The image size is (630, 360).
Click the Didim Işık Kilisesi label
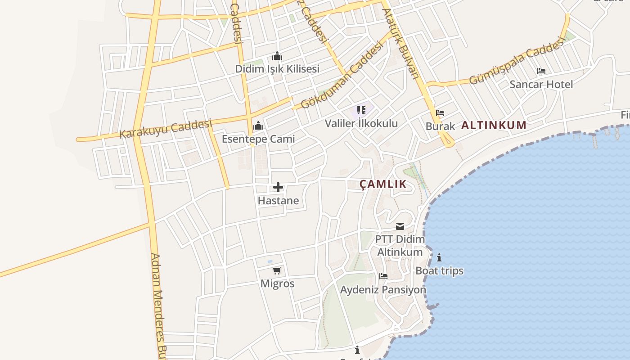pyautogui.click(x=277, y=69)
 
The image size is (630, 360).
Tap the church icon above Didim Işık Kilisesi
pyautogui.click(x=277, y=56)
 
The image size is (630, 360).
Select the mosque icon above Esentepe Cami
pyautogui.click(x=258, y=126)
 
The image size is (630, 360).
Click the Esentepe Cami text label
pyautogui.click(x=258, y=139)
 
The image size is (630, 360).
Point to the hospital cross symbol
pyautogui.click(x=278, y=187)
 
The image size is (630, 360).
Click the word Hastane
pyautogui.click(x=278, y=200)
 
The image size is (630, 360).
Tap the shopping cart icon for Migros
pyautogui.click(x=277, y=270)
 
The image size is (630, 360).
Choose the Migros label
pyautogui.click(x=277, y=283)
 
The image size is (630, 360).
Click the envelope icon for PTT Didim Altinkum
pyautogui.click(x=400, y=226)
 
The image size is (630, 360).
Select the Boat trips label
pyautogui.click(x=439, y=271)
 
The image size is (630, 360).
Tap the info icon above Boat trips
pyautogui.click(x=439, y=257)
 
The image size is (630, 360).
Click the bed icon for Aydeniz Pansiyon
pyautogui.click(x=383, y=276)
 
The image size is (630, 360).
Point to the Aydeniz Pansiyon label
pyautogui.click(x=383, y=289)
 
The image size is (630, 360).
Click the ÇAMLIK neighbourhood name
pyautogui.click(x=383, y=184)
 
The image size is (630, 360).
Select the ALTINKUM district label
pyautogui.click(x=494, y=125)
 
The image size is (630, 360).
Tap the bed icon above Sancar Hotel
pyautogui.click(x=541, y=71)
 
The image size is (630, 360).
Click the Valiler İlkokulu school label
pyautogui.click(x=361, y=123)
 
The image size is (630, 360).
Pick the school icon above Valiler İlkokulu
pyautogui.click(x=361, y=110)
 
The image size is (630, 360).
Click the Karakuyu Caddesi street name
pyautogui.click(x=166, y=128)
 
